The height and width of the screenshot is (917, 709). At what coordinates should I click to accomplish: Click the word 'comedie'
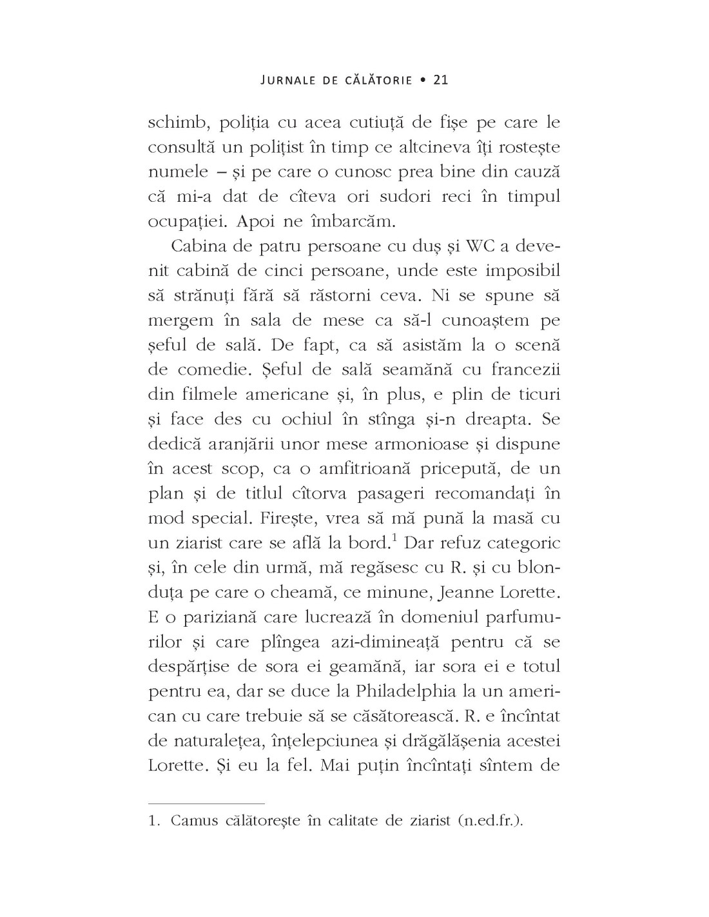[x=206, y=370]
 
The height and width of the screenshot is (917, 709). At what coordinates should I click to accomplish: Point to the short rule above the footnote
[x=206, y=804]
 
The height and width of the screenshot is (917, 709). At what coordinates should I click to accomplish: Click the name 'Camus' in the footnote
[x=196, y=822]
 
